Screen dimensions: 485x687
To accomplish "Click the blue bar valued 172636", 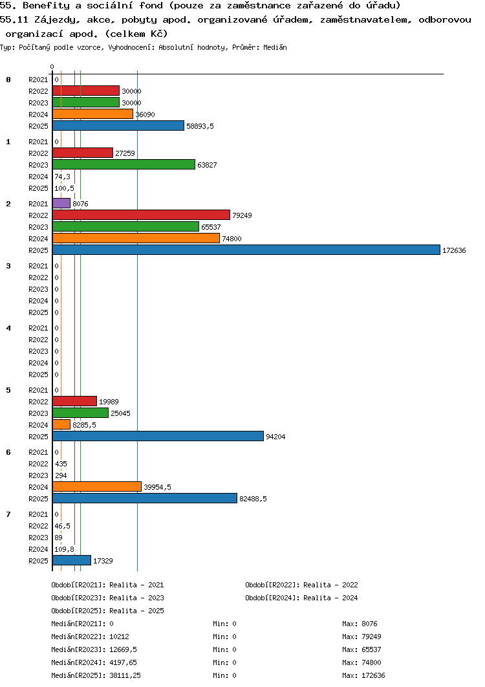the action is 246,250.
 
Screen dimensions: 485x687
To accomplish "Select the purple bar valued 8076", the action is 61,203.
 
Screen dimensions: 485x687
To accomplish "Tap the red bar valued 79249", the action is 141,215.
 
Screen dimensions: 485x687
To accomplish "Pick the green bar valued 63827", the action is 124,165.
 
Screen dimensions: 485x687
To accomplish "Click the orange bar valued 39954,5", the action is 97,486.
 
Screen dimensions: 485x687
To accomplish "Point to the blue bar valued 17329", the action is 72,560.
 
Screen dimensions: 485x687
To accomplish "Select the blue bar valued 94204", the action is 158,437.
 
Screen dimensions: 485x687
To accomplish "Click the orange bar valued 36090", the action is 93,114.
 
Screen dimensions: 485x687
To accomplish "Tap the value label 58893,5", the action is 200,126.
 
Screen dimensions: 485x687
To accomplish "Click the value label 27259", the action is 125,153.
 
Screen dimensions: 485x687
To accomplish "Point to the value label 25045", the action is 120,413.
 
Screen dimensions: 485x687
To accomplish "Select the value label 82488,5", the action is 253,499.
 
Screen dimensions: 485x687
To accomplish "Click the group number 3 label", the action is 8,266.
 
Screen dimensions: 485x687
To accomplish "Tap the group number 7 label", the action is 8,514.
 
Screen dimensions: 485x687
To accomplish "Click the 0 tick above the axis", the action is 52,67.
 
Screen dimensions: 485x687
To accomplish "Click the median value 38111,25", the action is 125,675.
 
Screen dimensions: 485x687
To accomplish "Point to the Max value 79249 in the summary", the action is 372,637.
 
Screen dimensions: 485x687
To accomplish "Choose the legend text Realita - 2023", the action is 136,598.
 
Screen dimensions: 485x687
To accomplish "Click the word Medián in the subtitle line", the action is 275,47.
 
